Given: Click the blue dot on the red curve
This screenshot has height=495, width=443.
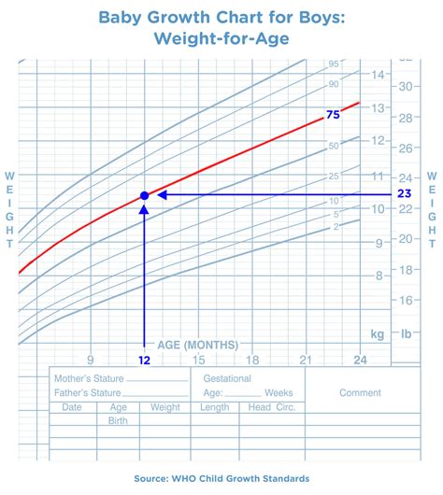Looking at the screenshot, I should coord(144,195).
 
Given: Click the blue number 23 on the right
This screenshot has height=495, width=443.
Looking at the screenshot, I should coord(404,194).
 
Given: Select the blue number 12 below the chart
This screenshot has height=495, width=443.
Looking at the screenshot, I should coord(144,360).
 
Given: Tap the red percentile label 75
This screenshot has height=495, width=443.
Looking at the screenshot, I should coord(332,115).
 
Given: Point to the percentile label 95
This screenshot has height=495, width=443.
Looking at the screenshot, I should coord(333,64).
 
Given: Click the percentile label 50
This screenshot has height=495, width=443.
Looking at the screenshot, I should coord(333,146).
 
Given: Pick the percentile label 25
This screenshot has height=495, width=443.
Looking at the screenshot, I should coord(333,177).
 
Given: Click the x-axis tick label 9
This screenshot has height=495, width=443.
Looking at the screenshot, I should coord(90,360).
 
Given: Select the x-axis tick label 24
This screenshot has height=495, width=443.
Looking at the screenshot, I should coord(359,360).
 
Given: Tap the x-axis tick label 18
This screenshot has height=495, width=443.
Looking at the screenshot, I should coord(251,360).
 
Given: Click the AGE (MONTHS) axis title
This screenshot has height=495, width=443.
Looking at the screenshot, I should coord(196,344).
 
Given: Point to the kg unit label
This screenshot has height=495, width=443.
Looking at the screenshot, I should coord(378,332).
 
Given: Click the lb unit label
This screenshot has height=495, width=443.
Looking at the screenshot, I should coord(407,332).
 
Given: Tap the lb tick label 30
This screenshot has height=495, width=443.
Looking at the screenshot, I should coord(407,86).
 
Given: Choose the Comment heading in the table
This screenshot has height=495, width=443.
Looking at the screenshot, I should coord(360,393).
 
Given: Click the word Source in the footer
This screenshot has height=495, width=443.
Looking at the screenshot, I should coord(154,479).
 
